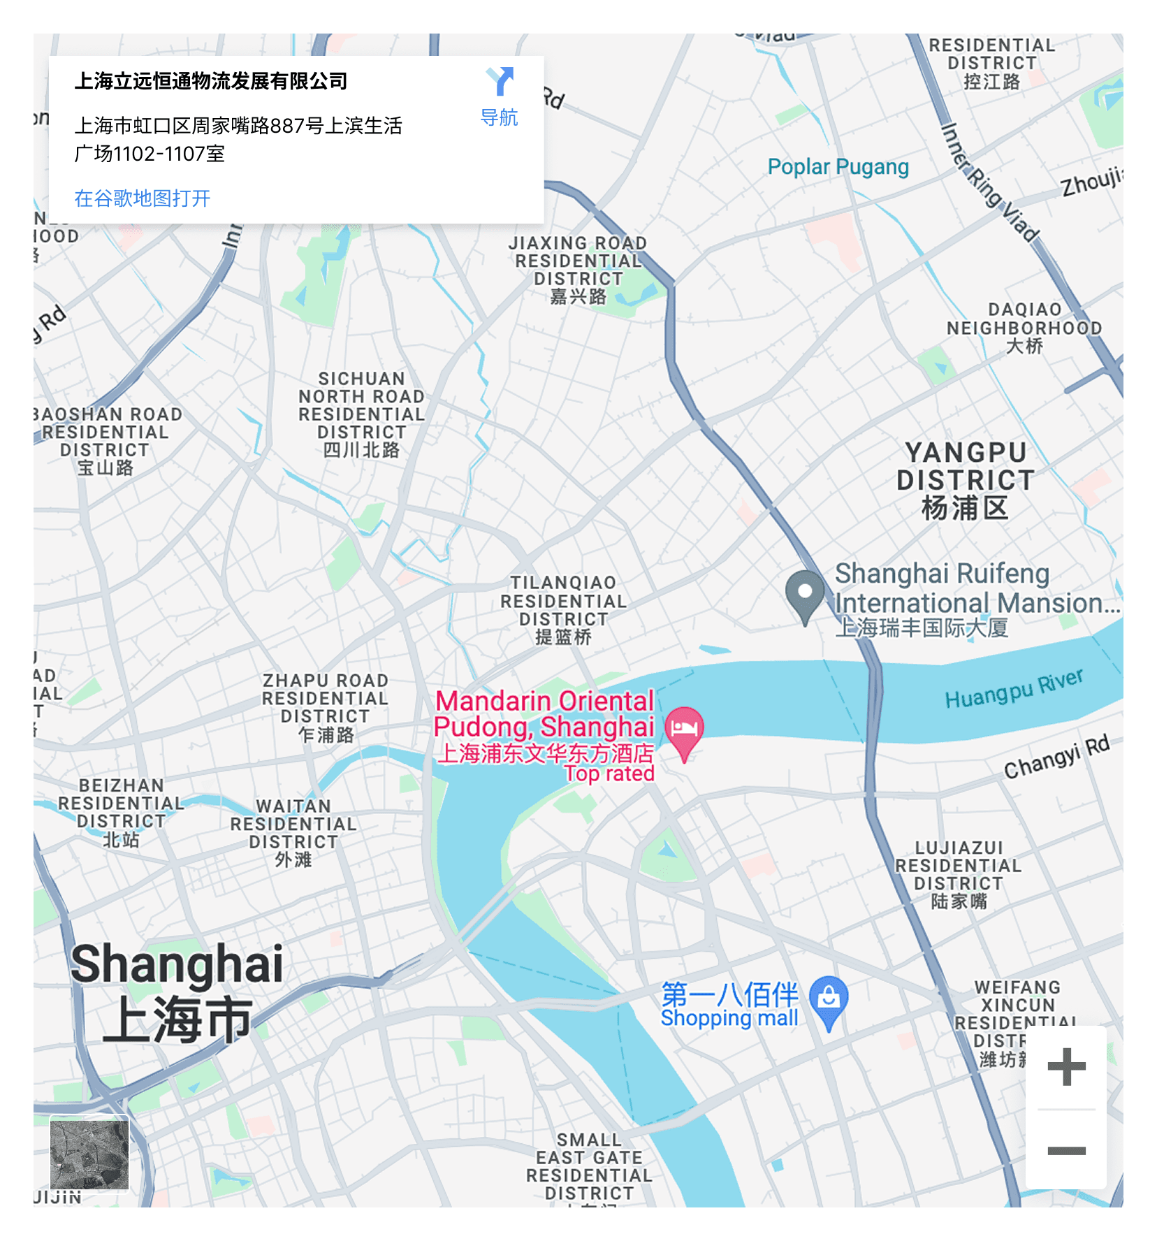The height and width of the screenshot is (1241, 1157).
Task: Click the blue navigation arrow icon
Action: [500, 82]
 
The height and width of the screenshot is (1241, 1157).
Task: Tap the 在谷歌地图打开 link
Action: [143, 198]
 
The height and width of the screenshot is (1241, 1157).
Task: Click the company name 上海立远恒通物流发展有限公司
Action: [211, 82]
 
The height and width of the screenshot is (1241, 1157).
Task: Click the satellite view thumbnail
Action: [89, 1153]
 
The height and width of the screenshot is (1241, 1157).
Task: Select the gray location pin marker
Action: [805, 594]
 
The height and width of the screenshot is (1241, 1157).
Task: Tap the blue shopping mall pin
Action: [829, 999]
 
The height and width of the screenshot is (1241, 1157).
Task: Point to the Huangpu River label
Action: [1014, 688]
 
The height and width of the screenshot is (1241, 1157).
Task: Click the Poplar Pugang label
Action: [838, 167]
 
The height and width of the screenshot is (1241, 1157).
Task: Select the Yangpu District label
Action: [966, 480]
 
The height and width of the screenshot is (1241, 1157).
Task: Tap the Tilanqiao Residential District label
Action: [563, 609]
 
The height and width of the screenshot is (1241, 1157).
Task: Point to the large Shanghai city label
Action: [177, 991]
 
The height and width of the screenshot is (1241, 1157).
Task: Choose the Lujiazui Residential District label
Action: [959, 874]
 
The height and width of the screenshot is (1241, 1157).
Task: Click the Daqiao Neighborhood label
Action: [1024, 328]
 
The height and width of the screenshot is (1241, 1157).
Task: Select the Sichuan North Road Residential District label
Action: [361, 414]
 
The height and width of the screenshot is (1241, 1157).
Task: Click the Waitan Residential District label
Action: [293, 833]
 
